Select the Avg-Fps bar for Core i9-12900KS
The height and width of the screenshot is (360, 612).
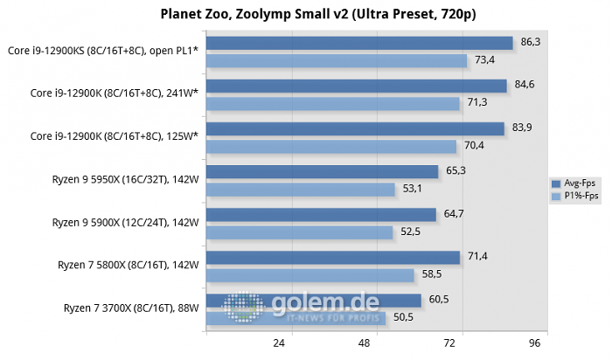coord(358,43)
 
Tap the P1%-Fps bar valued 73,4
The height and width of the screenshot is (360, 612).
coord(336,60)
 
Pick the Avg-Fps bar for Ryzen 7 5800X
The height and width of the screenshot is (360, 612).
coord(332,257)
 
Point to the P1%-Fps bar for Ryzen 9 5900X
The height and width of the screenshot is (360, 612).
coord(299,232)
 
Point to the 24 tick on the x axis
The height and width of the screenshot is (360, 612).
coord(280,343)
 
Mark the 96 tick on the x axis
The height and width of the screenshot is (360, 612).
coord(536,343)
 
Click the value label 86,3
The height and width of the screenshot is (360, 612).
coord(532,41)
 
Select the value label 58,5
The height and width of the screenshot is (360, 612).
coord(432,273)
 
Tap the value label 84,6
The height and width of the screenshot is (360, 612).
coord(525,84)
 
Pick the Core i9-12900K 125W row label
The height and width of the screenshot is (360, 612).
coord(115,135)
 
